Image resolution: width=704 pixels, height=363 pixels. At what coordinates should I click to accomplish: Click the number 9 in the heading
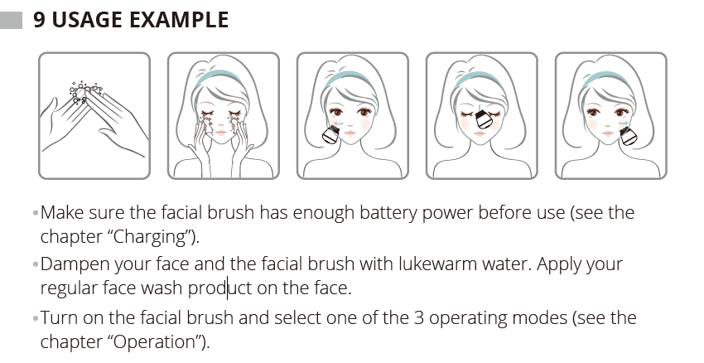[x=40, y=20]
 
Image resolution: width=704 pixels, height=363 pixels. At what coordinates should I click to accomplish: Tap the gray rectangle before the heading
[x=14, y=20]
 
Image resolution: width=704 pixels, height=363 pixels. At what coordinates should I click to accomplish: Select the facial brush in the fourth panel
[x=485, y=124]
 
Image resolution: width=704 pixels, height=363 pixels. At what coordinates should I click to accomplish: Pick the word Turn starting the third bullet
[x=59, y=318]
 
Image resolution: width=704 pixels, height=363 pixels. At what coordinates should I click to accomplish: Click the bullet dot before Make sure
[x=36, y=214]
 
